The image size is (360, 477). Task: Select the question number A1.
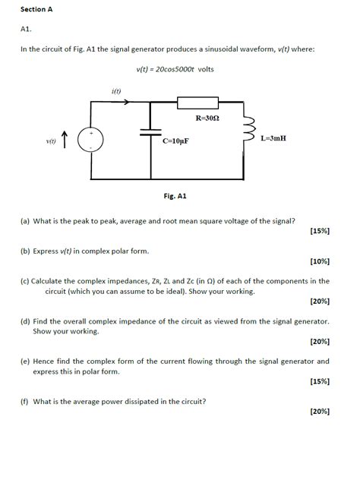(x=27, y=30)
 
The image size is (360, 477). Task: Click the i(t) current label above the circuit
(x=117, y=91)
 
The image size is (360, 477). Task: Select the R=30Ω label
(x=208, y=118)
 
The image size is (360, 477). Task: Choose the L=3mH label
(x=273, y=139)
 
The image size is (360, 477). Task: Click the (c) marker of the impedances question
(x=25, y=280)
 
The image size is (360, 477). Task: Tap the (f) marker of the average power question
(x=24, y=400)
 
